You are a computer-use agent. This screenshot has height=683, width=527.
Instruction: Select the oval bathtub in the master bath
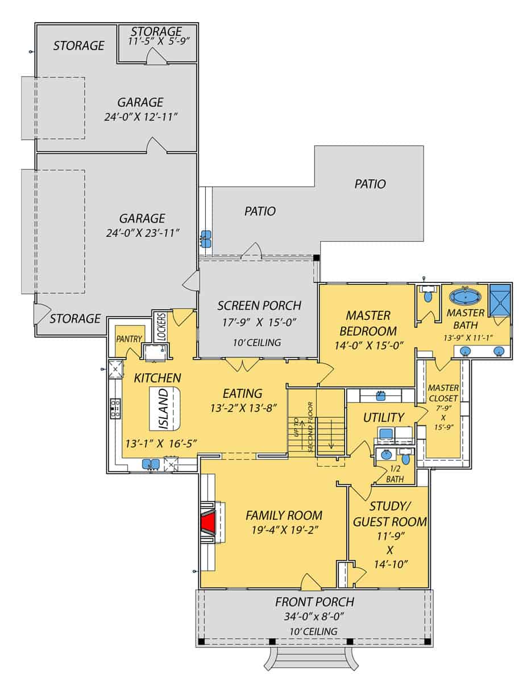point(465,297)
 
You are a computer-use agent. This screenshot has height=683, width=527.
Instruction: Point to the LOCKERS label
point(160,326)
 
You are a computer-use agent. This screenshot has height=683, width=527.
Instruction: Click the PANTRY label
point(129,339)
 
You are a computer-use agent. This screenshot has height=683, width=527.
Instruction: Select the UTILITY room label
point(384,417)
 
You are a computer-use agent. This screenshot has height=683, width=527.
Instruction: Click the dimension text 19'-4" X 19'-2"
point(284,530)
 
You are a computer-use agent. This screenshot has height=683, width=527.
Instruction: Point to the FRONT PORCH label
point(314,602)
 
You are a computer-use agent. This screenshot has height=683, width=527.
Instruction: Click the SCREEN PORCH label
point(259,306)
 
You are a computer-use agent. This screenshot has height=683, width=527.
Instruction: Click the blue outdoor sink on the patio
point(206,238)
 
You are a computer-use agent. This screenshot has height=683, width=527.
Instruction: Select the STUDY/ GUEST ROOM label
point(389,514)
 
